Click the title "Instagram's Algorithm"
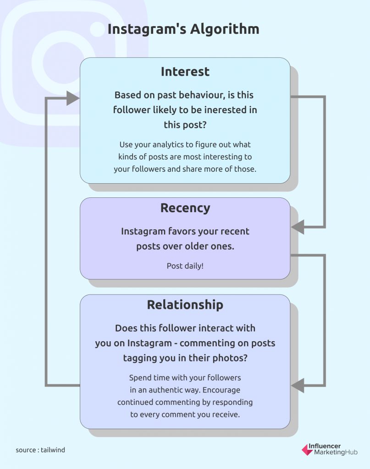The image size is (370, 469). [183, 29]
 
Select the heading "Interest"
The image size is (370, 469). [185, 72]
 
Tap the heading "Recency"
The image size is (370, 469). [185, 208]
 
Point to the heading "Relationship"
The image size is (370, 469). [185, 305]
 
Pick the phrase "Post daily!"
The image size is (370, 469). [185, 266]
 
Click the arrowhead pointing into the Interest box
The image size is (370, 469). [72, 98]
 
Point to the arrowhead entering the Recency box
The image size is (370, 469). [298, 227]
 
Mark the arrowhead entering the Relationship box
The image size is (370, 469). [298, 385]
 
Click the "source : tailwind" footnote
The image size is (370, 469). [40, 450]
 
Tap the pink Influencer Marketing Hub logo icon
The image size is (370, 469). [307, 449]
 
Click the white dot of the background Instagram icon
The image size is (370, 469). [97, 29]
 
